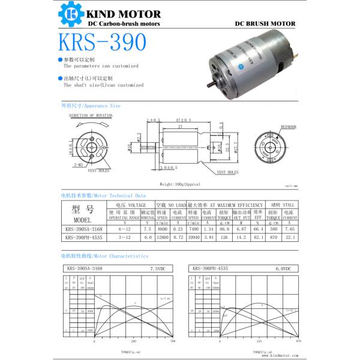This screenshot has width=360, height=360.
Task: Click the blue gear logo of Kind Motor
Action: pos(71,16)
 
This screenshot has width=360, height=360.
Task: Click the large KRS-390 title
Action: pos(102,43)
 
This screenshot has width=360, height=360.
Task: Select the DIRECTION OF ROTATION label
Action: pos(91,115)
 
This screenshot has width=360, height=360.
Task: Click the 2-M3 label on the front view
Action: pos(78,164)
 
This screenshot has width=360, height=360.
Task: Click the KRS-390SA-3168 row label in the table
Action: pos(83,229)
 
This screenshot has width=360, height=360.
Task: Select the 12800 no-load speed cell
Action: pos(161,238)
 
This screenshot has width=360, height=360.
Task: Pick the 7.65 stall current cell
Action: pos(289,229)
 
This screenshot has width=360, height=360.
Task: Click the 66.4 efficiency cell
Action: pos(258,229)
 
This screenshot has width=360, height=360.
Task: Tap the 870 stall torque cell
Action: pos(273,238)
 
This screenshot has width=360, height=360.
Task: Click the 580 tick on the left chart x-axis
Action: pos(173,341)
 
